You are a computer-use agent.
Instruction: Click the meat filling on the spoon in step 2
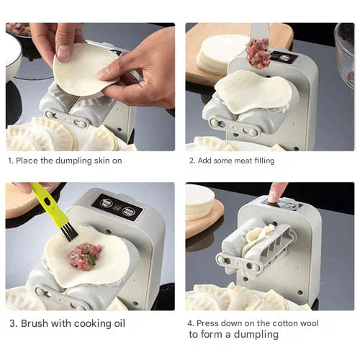click(258, 53)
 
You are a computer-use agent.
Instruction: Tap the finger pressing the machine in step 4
click(276, 192)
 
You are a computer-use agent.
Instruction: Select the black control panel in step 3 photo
click(117, 207)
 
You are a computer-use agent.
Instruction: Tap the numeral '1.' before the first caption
click(9, 161)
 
